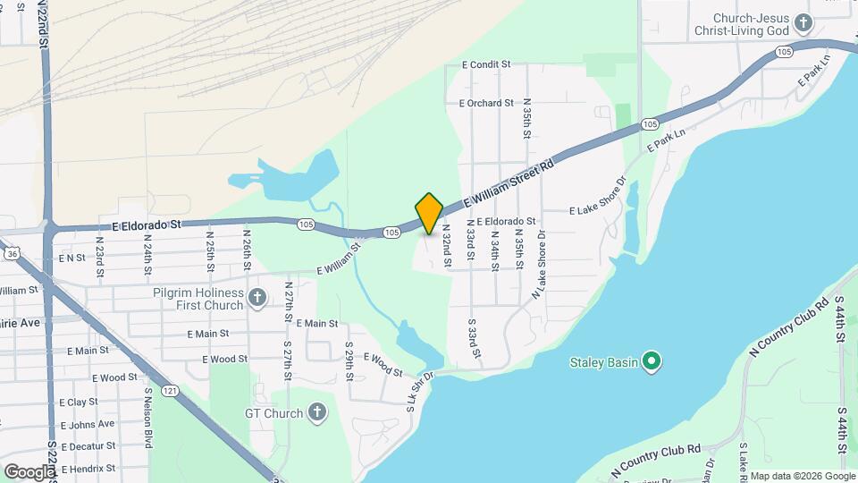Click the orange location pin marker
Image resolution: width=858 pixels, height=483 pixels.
pyautogui.click(x=429, y=213)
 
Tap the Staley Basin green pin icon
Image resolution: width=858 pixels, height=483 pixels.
pyautogui.click(x=652, y=361)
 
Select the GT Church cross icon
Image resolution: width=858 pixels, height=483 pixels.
pyautogui.click(x=315, y=412)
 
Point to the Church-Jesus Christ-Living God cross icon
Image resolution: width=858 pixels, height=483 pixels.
pyautogui.click(x=803, y=22)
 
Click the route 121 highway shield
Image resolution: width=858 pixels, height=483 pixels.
pyautogui.click(x=169, y=390)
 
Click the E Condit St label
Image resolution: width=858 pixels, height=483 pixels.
pyautogui.click(x=485, y=64)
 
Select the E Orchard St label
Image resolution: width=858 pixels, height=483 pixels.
pyautogui.click(x=486, y=103)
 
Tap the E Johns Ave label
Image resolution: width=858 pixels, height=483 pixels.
pyautogui.click(x=87, y=424)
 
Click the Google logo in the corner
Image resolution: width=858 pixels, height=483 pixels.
pyautogui.click(x=29, y=471)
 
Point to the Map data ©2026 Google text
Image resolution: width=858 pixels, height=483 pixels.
pyautogui.click(x=802, y=476)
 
